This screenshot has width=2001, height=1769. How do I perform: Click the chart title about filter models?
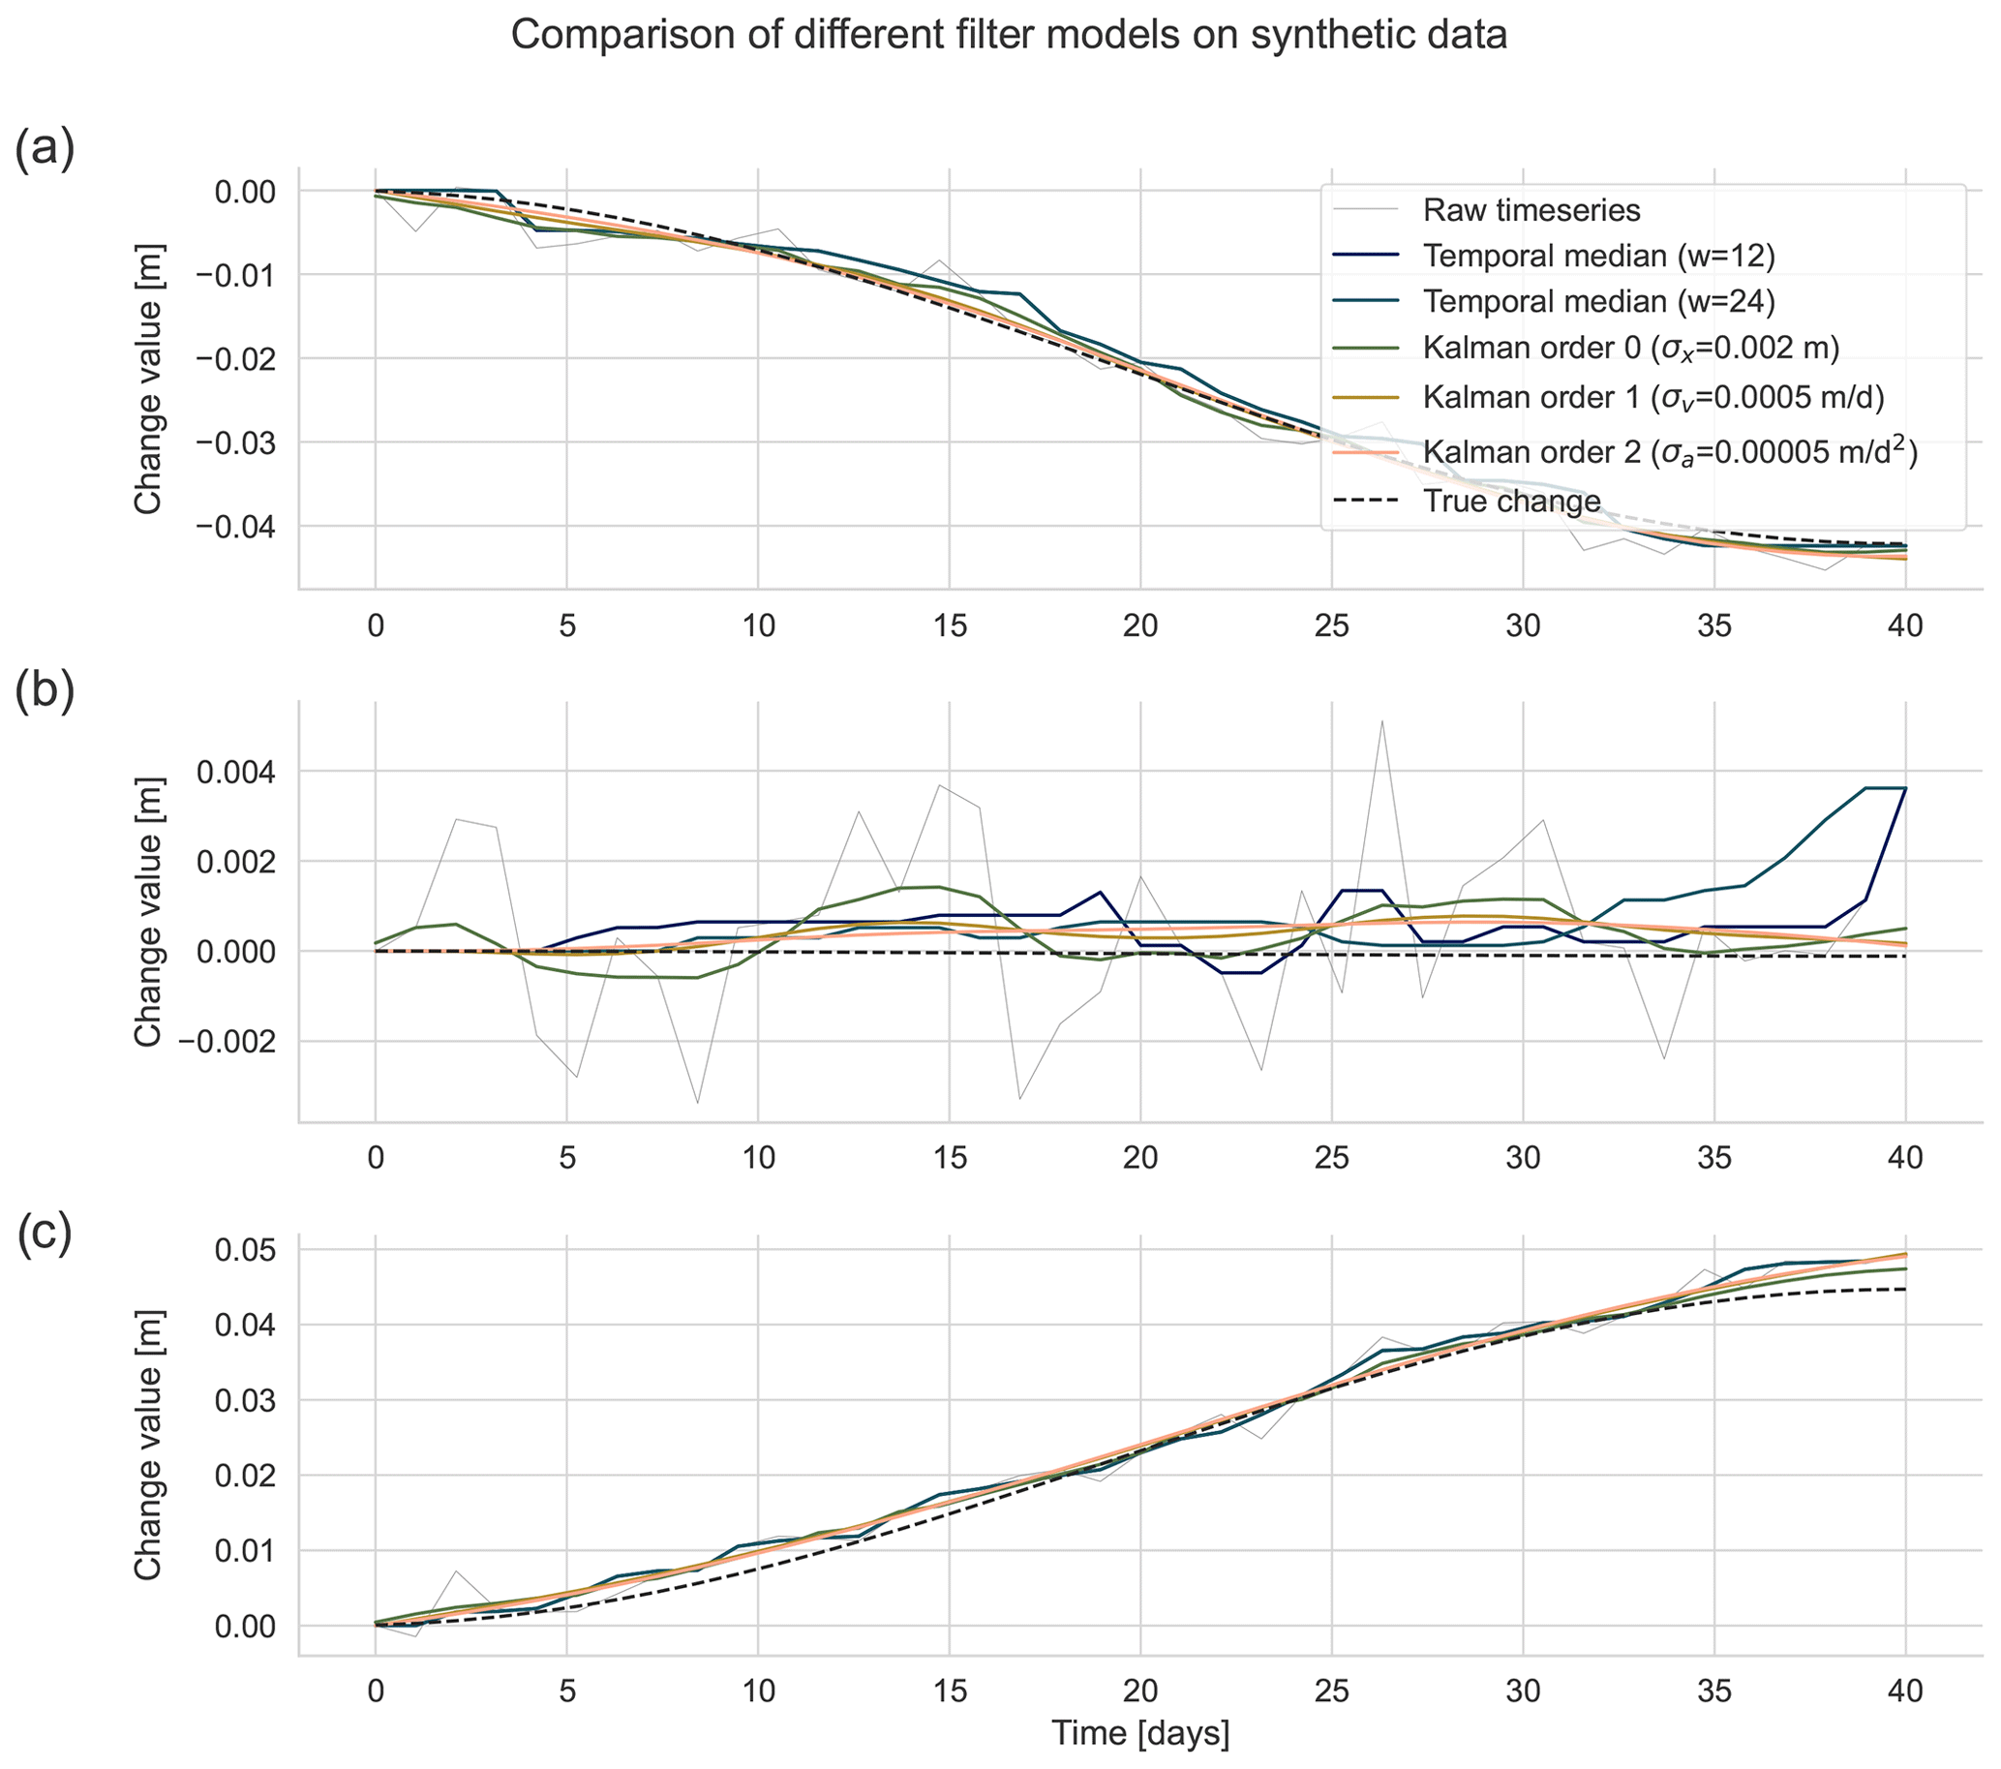(1009, 36)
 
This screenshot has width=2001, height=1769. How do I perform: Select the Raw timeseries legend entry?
(1531, 210)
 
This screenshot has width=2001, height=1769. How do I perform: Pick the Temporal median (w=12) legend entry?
(1597, 256)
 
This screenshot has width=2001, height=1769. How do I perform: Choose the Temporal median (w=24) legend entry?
(1597, 301)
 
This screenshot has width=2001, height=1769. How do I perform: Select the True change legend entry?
(1511, 502)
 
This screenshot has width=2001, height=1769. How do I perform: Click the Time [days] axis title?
(1139, 1733)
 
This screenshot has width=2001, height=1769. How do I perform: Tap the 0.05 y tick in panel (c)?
(251, 1250)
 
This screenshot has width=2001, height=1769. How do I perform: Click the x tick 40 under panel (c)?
(1905, 1691)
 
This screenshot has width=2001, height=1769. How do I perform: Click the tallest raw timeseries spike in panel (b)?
(1381, 721)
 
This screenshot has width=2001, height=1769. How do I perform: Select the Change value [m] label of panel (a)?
(149, 380)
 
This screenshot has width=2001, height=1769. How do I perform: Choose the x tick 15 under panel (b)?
(950, 1157)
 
